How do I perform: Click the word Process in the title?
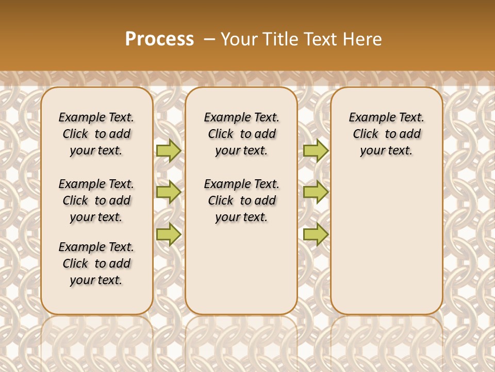click(159, 39)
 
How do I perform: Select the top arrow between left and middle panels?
click(168, 150)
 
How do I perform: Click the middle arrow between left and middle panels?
click(168, 192)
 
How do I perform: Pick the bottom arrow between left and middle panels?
click(168, 234)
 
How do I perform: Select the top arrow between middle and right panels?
click(316, 150)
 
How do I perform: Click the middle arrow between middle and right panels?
click(316, 192)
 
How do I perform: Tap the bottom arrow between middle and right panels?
click(316, 234)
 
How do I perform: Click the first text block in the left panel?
click(96, 134)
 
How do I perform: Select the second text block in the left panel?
click(96, 200)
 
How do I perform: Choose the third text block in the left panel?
click(96, 263)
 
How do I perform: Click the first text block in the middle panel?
click(241, 134)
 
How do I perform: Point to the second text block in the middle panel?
click(241, 200)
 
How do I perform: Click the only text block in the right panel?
click(386, 134)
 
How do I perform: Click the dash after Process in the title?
click(209, 39)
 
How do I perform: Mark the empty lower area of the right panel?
click(386, 238)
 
